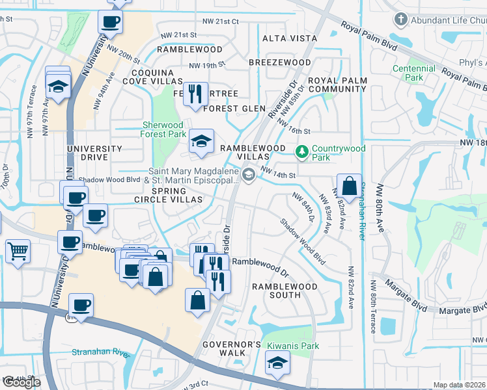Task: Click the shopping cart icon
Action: [18, 250]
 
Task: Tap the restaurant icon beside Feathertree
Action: [195, 93]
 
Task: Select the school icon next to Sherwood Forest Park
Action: [201, 141]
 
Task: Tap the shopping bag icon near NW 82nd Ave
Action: [349, 185]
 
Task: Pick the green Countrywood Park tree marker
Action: [301, 152]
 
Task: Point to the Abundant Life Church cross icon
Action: [401, 20]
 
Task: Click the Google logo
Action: [21, 382]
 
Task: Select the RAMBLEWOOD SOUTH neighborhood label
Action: [285, 291]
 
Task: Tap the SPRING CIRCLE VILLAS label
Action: [169, 195]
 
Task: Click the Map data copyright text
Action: [460, 385]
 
